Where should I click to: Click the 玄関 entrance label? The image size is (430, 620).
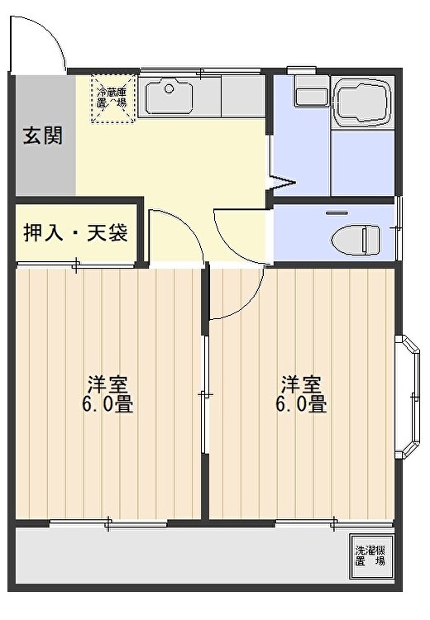[43, 136]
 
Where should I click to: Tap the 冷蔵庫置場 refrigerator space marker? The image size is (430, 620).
[113, 98]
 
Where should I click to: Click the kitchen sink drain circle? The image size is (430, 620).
[170, 88]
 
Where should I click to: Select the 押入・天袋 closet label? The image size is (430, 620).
[76, 232]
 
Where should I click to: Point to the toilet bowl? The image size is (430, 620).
[356, 239]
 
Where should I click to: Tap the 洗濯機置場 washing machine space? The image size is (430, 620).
[371, 556]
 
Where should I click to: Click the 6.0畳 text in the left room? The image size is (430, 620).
[107, 404]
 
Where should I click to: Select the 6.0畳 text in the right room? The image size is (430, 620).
[301, 404]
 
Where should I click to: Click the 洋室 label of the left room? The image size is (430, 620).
[107, 384]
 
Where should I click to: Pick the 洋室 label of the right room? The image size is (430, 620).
[302, 384]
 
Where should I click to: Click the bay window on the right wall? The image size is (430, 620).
[408, 397]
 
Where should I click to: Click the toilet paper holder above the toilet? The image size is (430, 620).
[337, 213]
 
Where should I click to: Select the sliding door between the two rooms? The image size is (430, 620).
[204, 394]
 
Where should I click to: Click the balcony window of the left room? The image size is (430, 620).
[108, 523]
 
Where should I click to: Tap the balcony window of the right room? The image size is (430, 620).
[334, 523]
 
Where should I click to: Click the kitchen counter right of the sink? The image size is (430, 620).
[243, 96]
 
